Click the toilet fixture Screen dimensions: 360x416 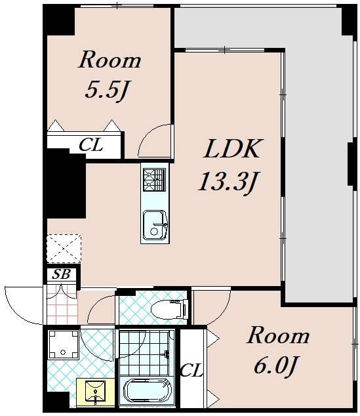click(170, 308)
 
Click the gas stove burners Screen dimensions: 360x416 click(154, 180)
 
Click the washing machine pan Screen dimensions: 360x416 click(63, 344)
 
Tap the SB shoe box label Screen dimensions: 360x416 click(61, 274)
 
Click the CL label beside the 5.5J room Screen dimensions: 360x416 click(91, 145)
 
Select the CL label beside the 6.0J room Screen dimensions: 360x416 click(191, 370)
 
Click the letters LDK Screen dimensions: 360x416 click(231, 148)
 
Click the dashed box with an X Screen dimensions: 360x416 click(64, 249)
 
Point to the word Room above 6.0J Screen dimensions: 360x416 click(278, 336)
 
